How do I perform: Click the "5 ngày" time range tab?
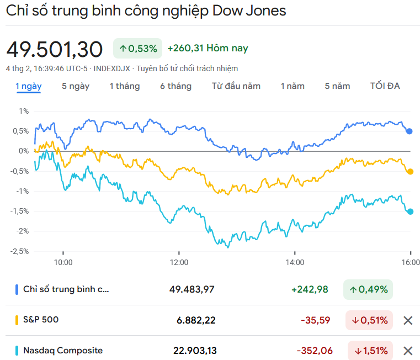(76, 86)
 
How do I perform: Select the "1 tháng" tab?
(124, 86)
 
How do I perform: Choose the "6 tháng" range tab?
(176, 86)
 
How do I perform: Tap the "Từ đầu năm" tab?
(236, 86)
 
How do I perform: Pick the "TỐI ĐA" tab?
(385, 86)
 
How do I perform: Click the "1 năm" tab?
(293, 86)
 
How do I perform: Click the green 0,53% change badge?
(138, 49)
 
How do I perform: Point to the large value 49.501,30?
(55, 49)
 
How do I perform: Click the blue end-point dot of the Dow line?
(410, 131)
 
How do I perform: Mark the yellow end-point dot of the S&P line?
(410, 172)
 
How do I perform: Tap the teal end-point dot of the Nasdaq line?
(410, 211)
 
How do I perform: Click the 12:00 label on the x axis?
(179, 262)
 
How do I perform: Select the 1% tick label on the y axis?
(24, 111)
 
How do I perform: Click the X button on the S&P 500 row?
(408, 320)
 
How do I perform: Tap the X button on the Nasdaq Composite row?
(408, 351)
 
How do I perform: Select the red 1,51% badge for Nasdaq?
(370, 351)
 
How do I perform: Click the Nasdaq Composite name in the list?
(63, 351)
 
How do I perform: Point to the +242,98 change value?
(310, 289)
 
